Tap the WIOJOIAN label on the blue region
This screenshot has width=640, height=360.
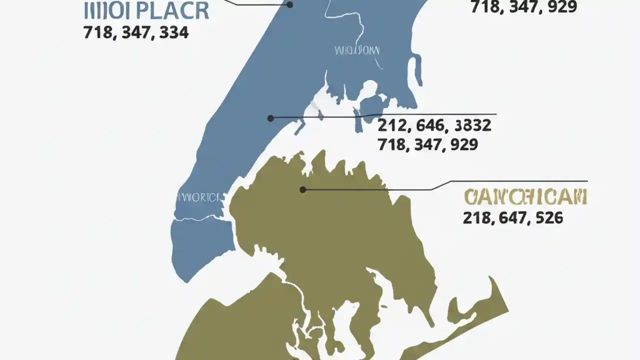(x=356, y=50)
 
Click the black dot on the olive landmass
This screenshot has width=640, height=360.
(x=302, y=189)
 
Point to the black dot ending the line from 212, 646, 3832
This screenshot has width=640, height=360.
(x=270, y=118)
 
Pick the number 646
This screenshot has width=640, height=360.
(x=430, y=125)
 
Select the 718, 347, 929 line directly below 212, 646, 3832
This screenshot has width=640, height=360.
(x=427, y=145)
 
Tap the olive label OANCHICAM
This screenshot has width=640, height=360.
(x=525, y=197)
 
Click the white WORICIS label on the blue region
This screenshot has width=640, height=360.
(x=198, y=197)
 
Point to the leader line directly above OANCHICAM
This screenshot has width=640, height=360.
(x=510, y=181)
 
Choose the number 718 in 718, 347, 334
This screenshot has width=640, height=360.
(x=99, y=33)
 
